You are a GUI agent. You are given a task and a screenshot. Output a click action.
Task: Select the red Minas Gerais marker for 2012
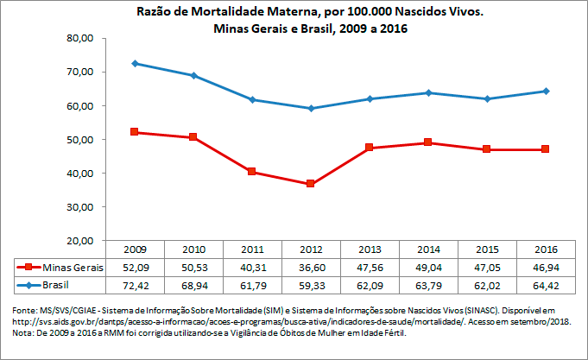(x=310, y=184)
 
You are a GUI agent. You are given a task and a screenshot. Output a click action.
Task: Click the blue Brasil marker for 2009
(x=134, y=64)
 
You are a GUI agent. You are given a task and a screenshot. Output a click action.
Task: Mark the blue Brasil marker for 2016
(x=545, y=91)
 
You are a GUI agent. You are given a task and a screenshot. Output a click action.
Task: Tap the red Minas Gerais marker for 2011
(x=251, y=172)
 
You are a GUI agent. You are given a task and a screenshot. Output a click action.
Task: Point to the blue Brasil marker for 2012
(x=310, y=108)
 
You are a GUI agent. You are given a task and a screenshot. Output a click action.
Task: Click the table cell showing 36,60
(x=310, y=268)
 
